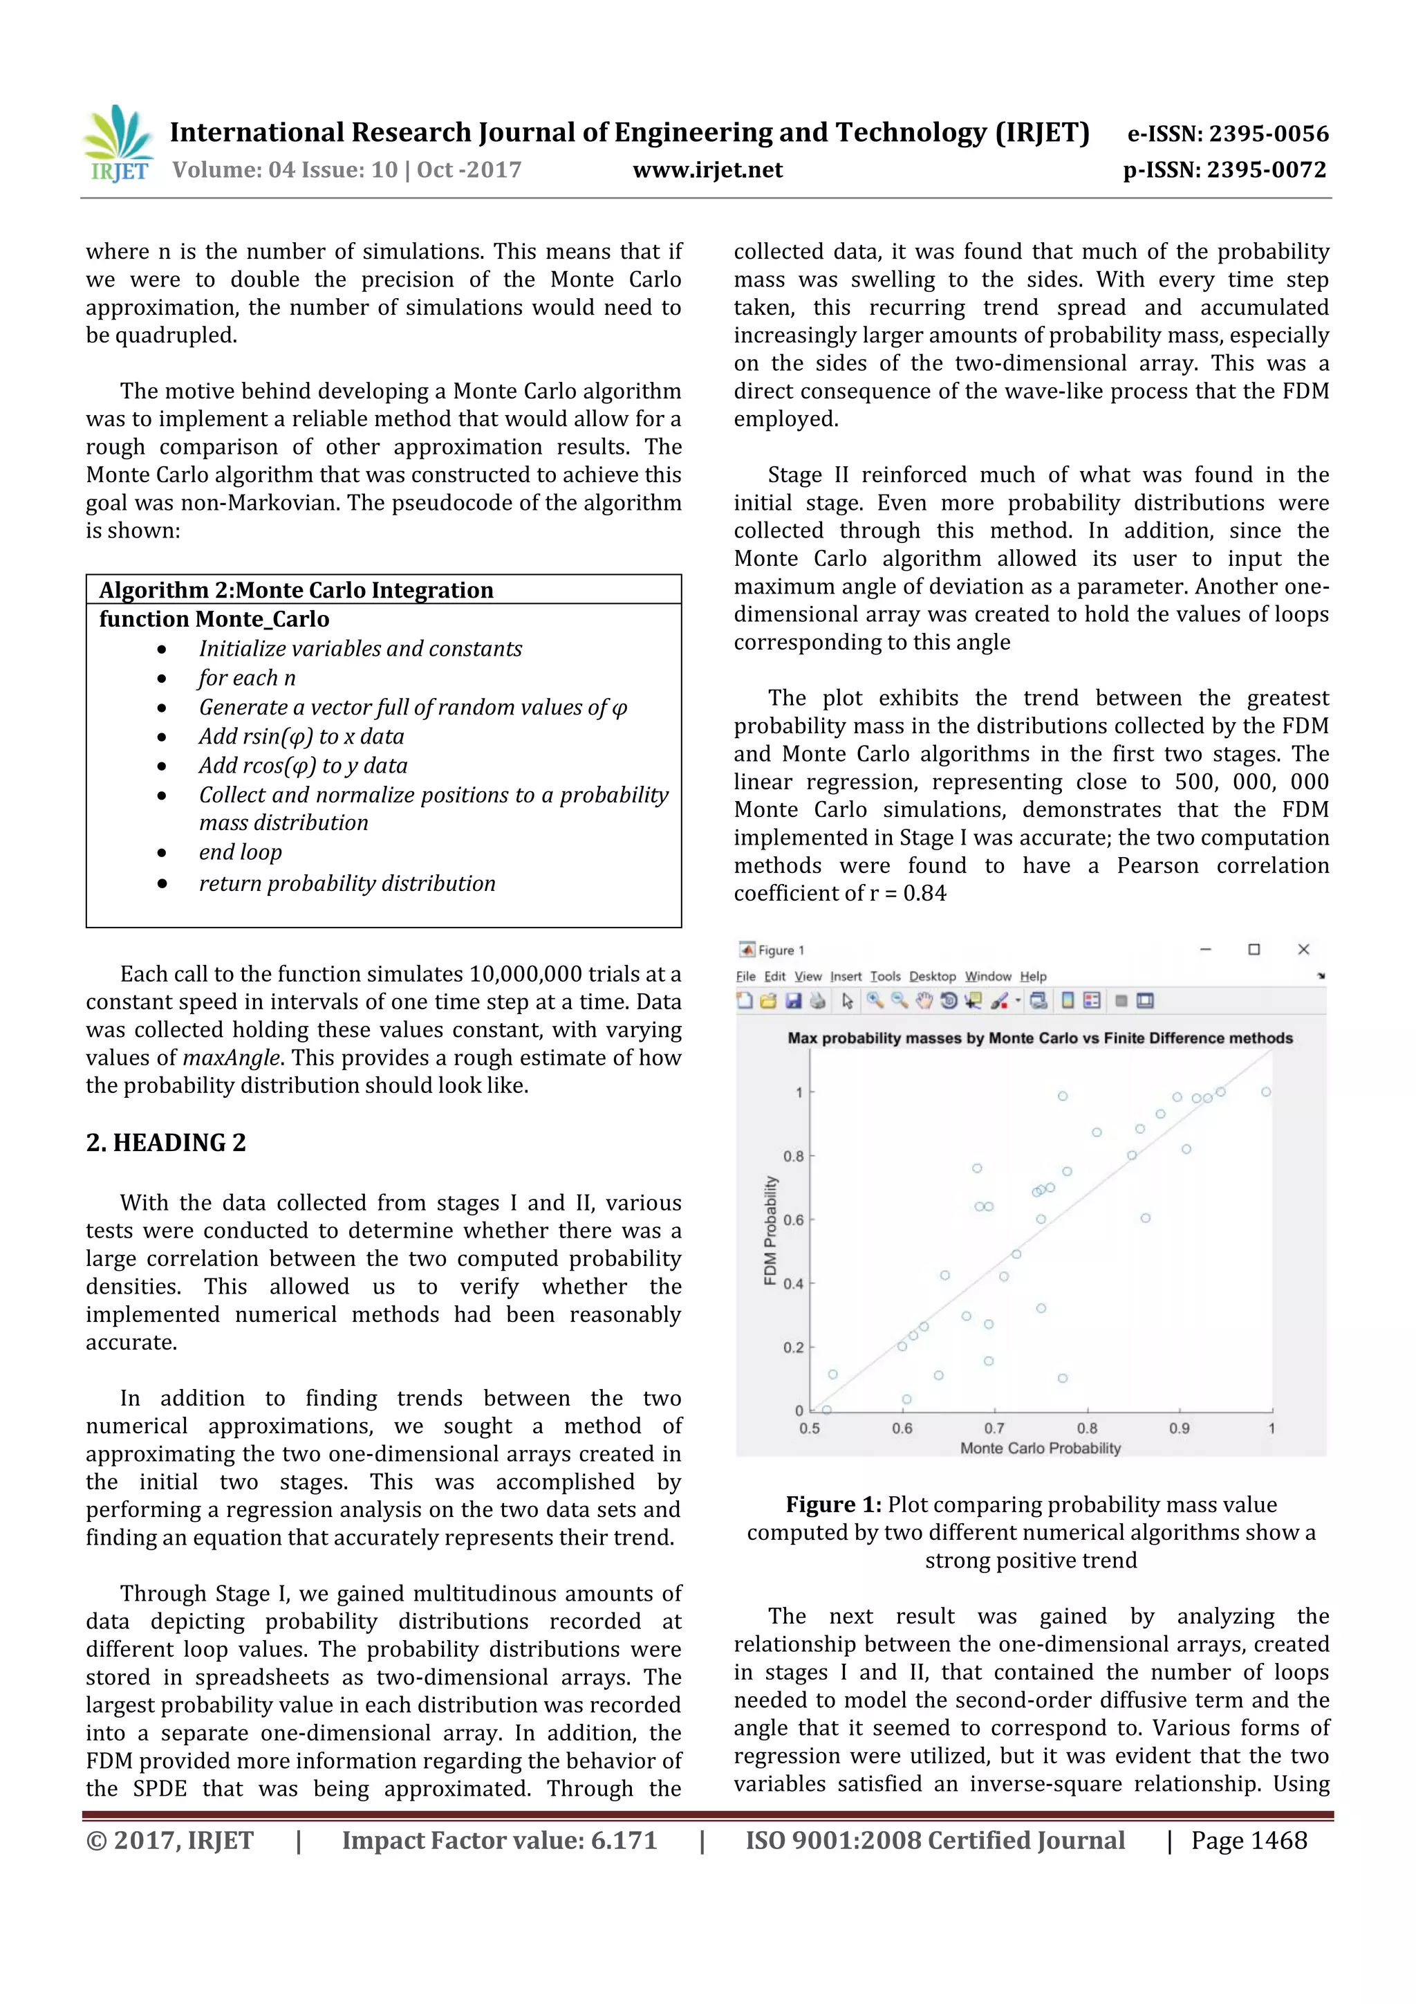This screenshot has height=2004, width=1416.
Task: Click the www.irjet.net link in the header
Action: pyautogui.click(x=707, y=170)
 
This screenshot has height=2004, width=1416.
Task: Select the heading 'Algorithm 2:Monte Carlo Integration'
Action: pyautogui.click(x=296, y=590)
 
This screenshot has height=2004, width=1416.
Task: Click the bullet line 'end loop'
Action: pyautogui.click(x=240, y=852)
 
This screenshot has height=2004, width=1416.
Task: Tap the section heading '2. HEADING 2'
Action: pyautogui.click(x=166, y=1143)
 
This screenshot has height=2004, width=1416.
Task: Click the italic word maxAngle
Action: pyautogui.click(x=231, y=1058)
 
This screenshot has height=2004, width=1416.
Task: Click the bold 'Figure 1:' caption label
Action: pyautogui.click(x=833, y=1504)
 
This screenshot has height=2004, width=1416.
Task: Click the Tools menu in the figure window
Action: pyautogui.click(x=885, y=976)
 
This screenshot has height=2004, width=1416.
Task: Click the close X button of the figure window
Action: pyautogui.click(x=1303, y=950)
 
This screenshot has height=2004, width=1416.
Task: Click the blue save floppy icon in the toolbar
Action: pyautogui.click(x=793, y=1001)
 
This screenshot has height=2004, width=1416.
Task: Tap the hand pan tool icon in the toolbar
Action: pyautogui.click(x=924, y=1001)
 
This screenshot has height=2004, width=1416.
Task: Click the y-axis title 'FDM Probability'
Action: pyautogui.click(x=770, y=1231)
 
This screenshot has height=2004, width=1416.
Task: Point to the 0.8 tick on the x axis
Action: pyautogui.click(x=1087, y=1429)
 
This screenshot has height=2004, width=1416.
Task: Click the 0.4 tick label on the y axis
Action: pyautogui.click(x=792, y=1284)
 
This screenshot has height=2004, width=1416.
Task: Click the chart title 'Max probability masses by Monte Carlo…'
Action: pyautogui.click(x=1040, y=1038)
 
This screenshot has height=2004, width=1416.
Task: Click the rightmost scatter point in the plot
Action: pyautogui.click(x=1266, y=1092)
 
